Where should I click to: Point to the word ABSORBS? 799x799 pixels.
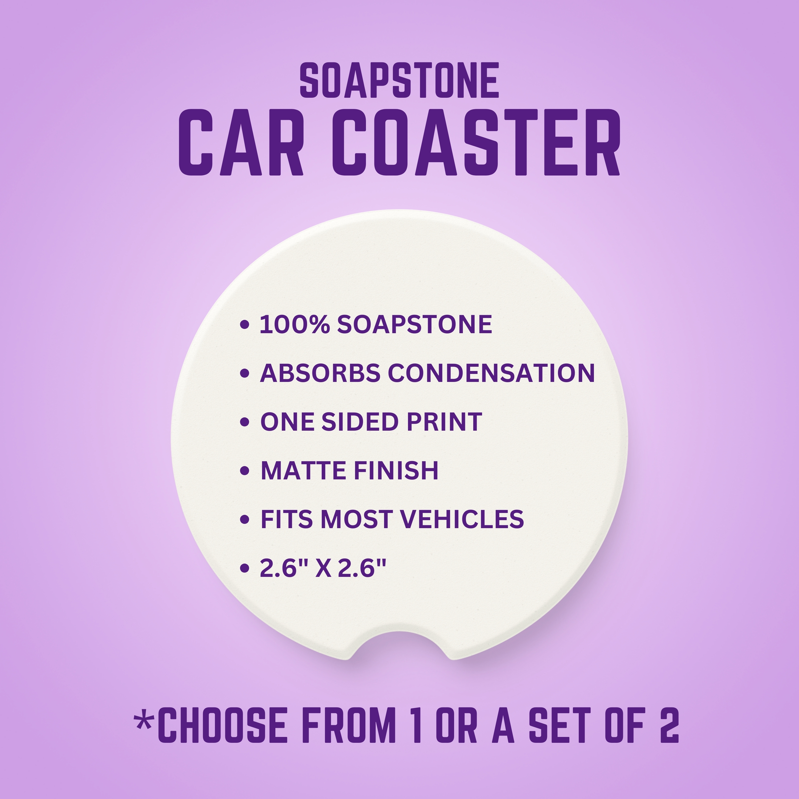(x=320, y=373)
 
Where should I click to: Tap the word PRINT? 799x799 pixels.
(x=444, y=422)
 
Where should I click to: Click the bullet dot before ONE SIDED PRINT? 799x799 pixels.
(x=245, y=422)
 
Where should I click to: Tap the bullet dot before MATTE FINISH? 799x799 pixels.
(x=245, y=471)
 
